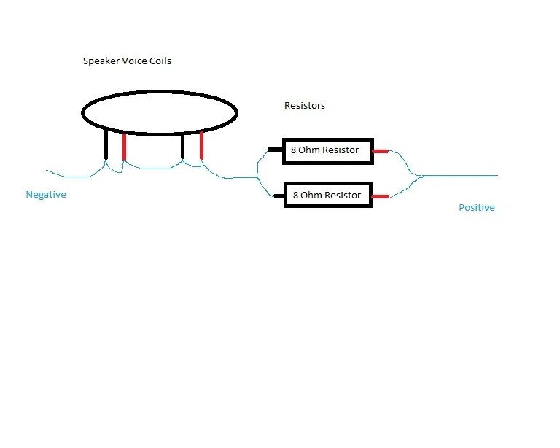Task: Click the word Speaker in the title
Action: click(x=101, y=61)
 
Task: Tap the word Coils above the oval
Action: click(x=160, y=61)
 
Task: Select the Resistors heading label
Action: click(x=305, y=105)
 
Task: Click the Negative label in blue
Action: click(x=46, y=195)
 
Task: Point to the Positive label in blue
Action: click(x=477, y=207)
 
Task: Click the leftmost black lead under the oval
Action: click(x=106, y=144)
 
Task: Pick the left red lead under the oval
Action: click(x=124, y=147)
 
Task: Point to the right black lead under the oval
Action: click(x=183, y=146)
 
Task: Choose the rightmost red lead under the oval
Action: click(x=201, y=145)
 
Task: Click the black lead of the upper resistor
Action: click(x=275, y=150)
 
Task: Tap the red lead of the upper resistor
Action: click(x=381, y=152)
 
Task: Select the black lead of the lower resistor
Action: click(x=279, y=196)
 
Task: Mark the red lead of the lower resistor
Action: click(x=381, y=196)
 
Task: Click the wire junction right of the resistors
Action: click(x=419, y=176)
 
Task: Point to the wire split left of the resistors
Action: click(x=257, y=177)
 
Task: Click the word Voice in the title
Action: click(x=134, y=61)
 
